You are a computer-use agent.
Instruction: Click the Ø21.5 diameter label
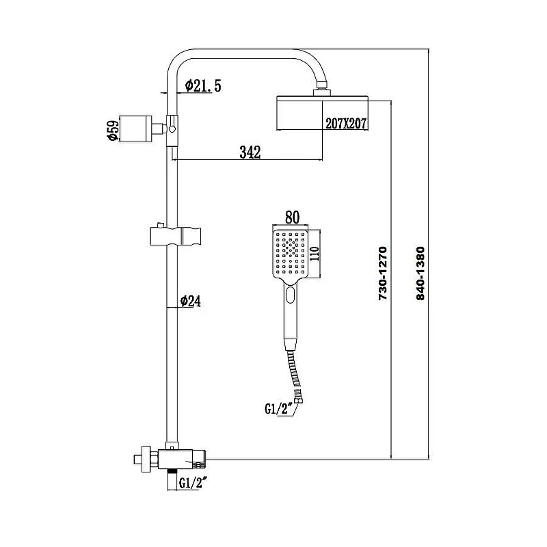click(x=203, y=85)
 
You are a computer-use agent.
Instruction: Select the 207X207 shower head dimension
click(x=346, y=123)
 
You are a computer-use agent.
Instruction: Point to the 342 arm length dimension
click(x=250, y=152)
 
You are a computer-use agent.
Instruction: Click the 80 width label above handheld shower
click(x=292, y=217)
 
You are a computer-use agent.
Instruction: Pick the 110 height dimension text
click(x=315, y=254)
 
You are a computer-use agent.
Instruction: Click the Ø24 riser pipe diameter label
click(x=191, y=301)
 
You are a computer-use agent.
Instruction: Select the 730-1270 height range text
click(x=383, y=273)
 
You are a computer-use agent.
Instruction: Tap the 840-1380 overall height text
click(x=421, y=273)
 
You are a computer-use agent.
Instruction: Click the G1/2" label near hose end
click(x=278, y=409)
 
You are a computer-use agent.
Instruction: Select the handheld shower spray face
click(x=291, y=254)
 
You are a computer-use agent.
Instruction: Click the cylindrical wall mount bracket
click(x=135, y=129)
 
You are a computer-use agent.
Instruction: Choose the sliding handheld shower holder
click(x=176, y=236)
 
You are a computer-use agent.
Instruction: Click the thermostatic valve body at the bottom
click(x=181, y=459)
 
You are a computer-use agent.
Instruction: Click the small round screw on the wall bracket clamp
click(x=172, y=129)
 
